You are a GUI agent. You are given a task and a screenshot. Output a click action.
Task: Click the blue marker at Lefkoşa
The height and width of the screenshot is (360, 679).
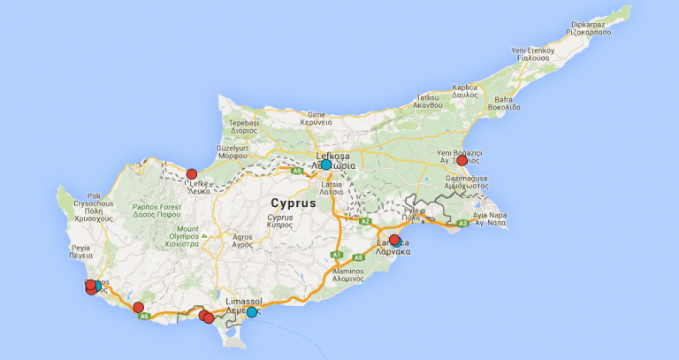point(326,165)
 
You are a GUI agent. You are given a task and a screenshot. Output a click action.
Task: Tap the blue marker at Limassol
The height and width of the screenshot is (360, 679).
point(252,312)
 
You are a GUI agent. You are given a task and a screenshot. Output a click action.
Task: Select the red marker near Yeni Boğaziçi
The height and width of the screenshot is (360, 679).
point(462,161)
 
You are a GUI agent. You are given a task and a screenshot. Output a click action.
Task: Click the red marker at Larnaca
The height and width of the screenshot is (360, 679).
point(394,240)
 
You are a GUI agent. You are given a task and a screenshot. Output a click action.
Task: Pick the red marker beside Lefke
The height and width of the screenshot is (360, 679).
point(192,174)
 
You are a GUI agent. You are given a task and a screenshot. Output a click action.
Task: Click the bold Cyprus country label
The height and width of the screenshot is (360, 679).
point(289,203)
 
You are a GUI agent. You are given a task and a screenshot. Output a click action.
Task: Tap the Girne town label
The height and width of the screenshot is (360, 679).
point(317,115)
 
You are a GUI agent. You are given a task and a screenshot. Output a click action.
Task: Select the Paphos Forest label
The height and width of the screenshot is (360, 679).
point(156,205)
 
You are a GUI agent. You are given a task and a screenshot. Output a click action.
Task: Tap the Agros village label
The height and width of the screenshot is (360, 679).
point(242,237)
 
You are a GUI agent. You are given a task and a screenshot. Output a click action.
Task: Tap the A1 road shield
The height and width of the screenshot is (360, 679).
point(336,255)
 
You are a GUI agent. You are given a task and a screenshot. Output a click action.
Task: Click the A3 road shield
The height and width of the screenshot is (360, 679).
point(462,224)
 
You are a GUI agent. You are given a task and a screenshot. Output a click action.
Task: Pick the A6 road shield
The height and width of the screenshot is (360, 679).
point(144,316)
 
